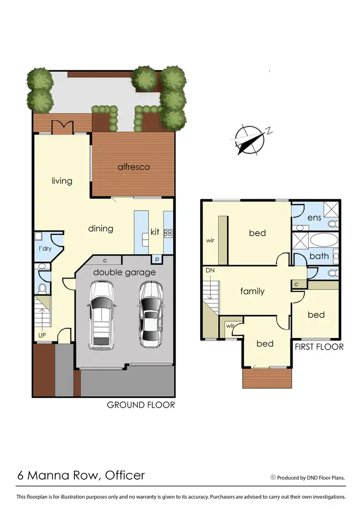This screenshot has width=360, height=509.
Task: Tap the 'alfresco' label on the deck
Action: (134, 167)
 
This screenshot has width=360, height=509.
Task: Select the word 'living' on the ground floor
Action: (62, 181)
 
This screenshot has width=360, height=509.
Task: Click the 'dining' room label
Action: (100, 229)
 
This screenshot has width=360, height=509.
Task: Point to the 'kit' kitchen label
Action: (155, 232)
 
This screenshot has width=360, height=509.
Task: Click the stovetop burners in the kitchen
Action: (168, 233)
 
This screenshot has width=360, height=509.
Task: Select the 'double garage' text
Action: (124, 272)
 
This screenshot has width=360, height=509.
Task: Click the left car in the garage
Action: (102, 315)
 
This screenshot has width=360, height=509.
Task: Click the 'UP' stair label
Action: (42, 335)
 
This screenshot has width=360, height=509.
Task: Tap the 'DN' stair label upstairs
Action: (210, 270)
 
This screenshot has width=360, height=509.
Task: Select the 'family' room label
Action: (252, 291)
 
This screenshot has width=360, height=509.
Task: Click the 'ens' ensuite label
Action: (314, 218)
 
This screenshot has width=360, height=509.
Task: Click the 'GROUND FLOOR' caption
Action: (141, 405)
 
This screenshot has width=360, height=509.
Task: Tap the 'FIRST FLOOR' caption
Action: (319, 347)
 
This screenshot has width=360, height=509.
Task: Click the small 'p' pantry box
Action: (157, 259)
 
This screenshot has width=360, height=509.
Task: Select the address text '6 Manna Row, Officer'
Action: (81, 475)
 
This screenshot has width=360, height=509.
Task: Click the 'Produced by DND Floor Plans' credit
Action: (310, 477)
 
